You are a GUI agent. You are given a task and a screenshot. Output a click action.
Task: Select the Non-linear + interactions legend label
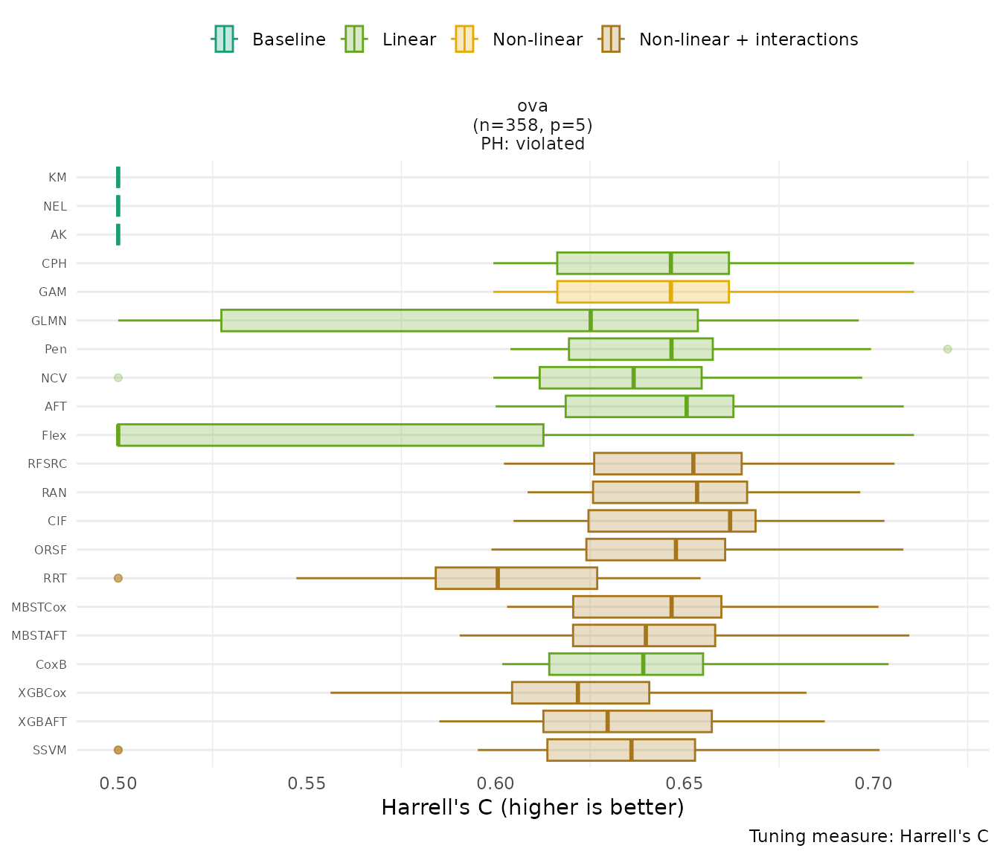(x=748, y=39)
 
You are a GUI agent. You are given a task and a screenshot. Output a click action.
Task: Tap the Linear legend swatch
(x=353, y=39)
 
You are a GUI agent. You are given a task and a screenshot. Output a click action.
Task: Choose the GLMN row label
(x=49, y=321)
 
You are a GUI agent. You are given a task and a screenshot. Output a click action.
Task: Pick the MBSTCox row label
(x=39, y=607)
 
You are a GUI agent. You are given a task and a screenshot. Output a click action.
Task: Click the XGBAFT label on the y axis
(x=42, y=722)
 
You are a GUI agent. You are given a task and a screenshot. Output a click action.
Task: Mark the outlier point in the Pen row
(x=947, y=349)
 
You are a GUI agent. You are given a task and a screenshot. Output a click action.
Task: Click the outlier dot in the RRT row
(x=118, y=578)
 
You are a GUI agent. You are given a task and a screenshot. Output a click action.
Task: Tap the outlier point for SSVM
(x=118, y=750)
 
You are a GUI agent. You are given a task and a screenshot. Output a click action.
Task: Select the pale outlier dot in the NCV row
(x=118, y=378)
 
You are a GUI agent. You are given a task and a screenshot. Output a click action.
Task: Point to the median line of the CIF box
(x=730, y=521)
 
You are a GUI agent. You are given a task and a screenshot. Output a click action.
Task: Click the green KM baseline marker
(x=118, y=177)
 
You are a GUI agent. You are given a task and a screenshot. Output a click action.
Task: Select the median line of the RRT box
(x=498, y=578)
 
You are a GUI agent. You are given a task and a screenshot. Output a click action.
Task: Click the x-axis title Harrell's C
(x=532, y=807)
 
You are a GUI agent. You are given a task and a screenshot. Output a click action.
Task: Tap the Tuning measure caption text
(x=868, y=836)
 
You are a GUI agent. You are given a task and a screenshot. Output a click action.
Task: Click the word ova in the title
(x=533, y=106)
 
